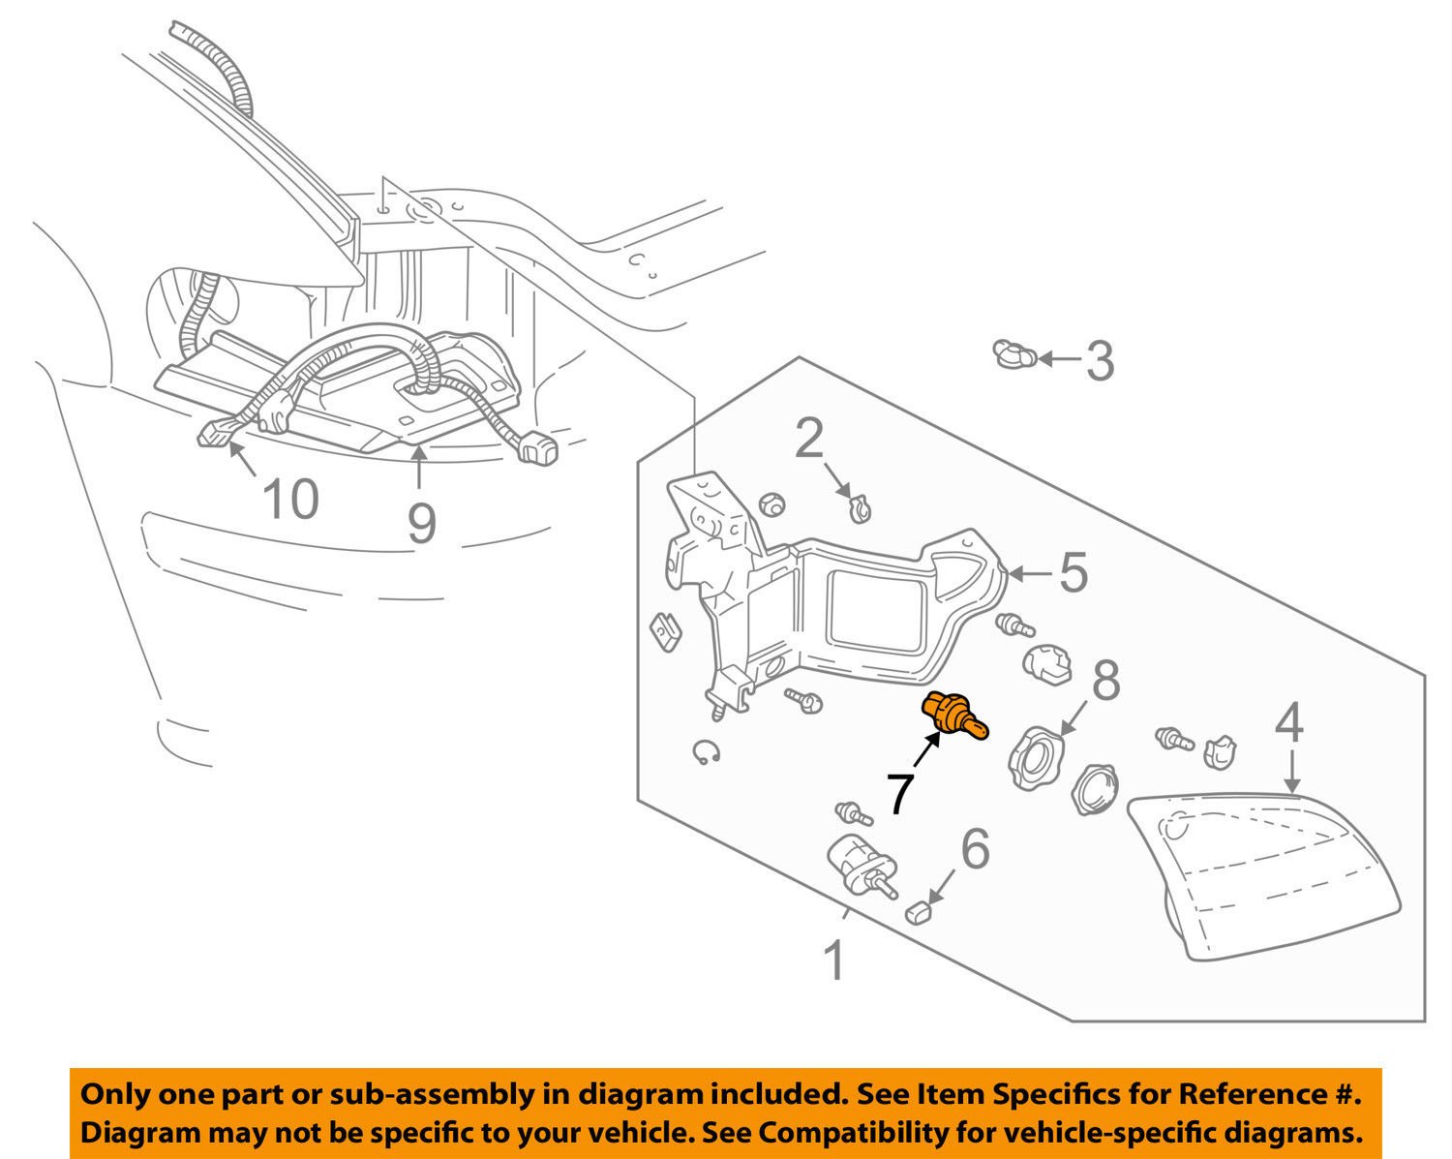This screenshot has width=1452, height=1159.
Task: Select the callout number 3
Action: [1099, 360]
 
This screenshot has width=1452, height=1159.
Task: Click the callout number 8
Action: [1105, 681]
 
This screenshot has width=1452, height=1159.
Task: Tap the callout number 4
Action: [1288, 724]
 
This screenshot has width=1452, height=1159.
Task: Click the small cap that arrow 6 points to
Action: [919, 910]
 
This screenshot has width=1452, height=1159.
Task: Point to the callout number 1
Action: [833, 961]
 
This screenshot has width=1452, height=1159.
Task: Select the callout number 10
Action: [290, 501]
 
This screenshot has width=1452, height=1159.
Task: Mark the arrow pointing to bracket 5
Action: [1030, 574]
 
